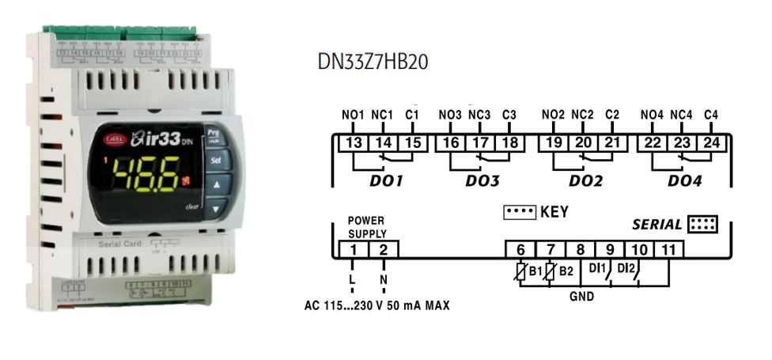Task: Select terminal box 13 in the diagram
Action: (x=354, y=142)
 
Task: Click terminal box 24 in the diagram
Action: (x=710, y=142)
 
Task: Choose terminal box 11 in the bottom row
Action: (x=669, y=250)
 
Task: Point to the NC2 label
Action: (x=583, y=116)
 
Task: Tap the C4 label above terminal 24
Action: (x=710, y=116)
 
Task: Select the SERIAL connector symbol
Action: (x=702, y=224)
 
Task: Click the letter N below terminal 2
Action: (x=384, y=279)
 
